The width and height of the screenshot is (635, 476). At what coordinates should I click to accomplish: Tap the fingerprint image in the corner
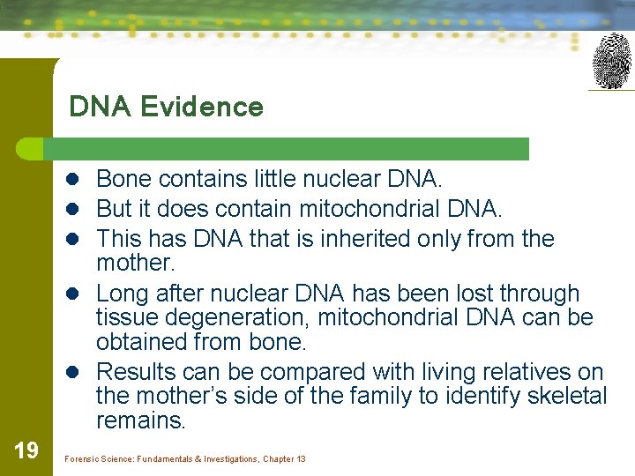click(612, 61)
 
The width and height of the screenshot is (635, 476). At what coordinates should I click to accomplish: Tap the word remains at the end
click(139, 420)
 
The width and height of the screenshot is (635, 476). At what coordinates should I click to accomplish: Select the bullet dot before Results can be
click(76, 373)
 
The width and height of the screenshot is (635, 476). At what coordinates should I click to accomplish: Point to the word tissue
click(123, 317)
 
